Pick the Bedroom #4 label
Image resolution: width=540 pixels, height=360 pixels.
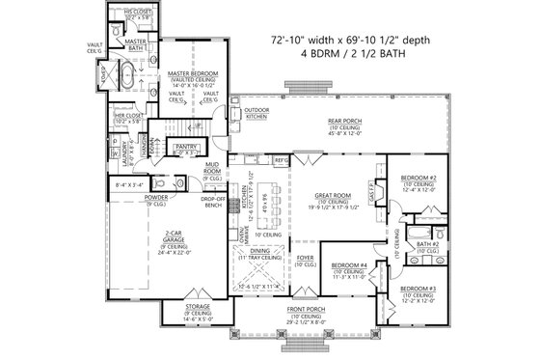349,264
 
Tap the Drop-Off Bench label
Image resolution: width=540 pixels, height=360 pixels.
213,202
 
